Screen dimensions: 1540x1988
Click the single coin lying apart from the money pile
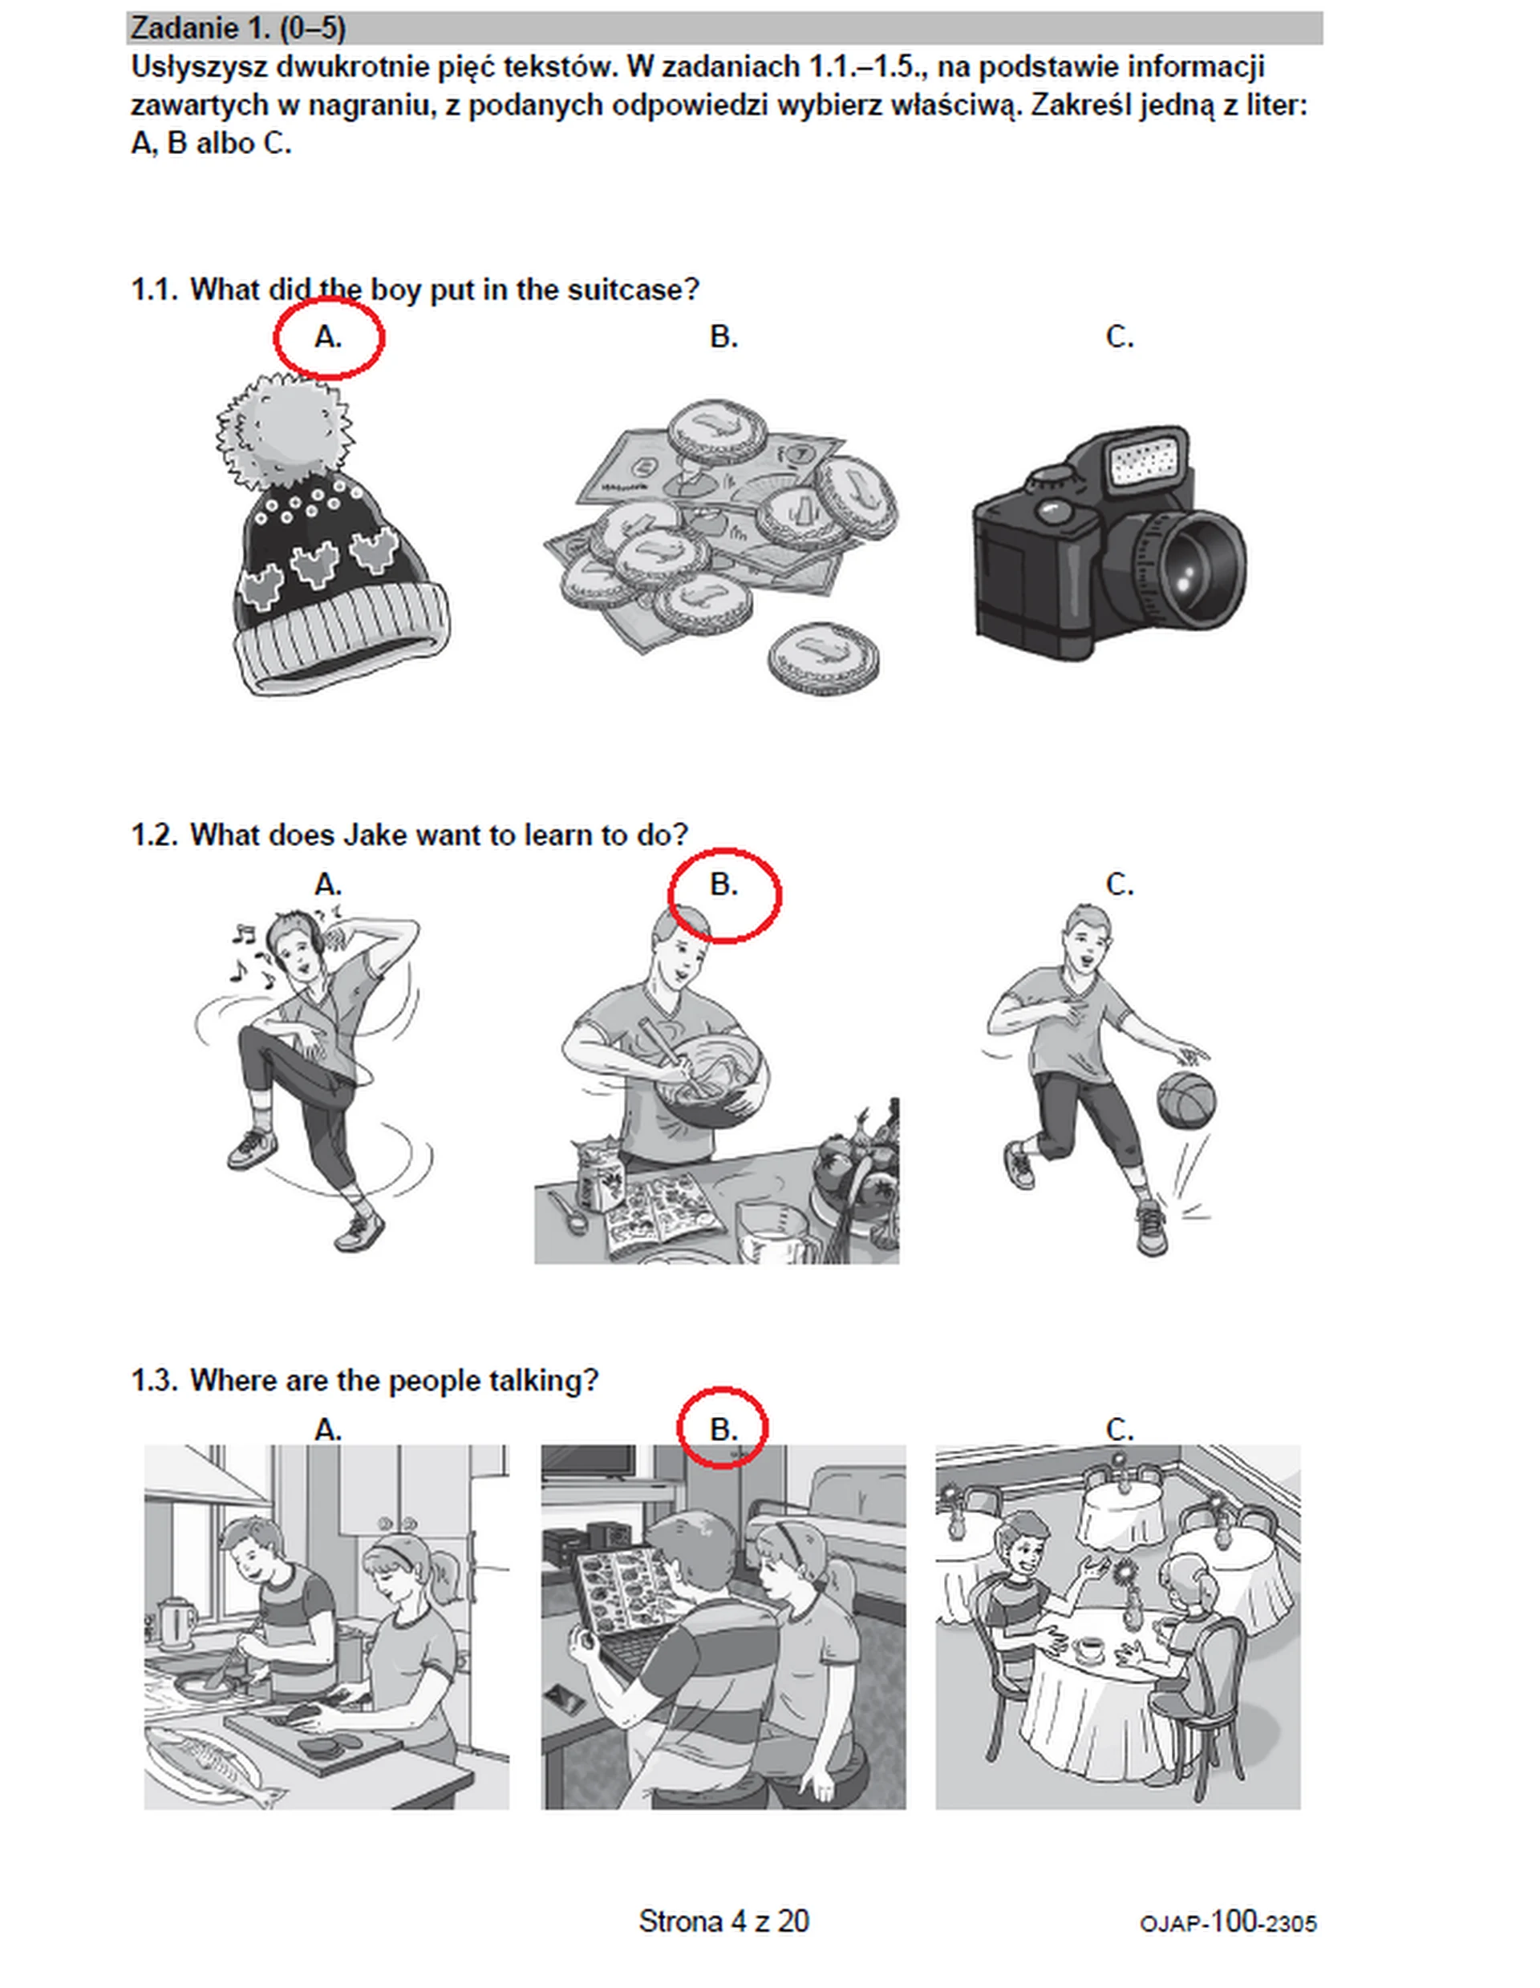pos(823,655)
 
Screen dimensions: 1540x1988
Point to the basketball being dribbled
pos(1186,1100)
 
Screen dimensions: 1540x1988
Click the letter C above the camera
pos(1120,338)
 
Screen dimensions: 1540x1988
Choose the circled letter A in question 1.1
pos(328,338)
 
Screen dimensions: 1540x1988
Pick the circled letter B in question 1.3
pos(723,1430)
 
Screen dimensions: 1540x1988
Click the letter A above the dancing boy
pos(328,884)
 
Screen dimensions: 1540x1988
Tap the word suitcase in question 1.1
pos(634,290)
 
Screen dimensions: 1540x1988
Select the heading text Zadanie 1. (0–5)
pos(238,28)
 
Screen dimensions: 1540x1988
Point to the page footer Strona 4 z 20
pos(723,1921)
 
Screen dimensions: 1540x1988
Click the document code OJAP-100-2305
pos(1228,1923)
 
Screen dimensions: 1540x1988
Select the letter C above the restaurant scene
pos(1120,1430)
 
